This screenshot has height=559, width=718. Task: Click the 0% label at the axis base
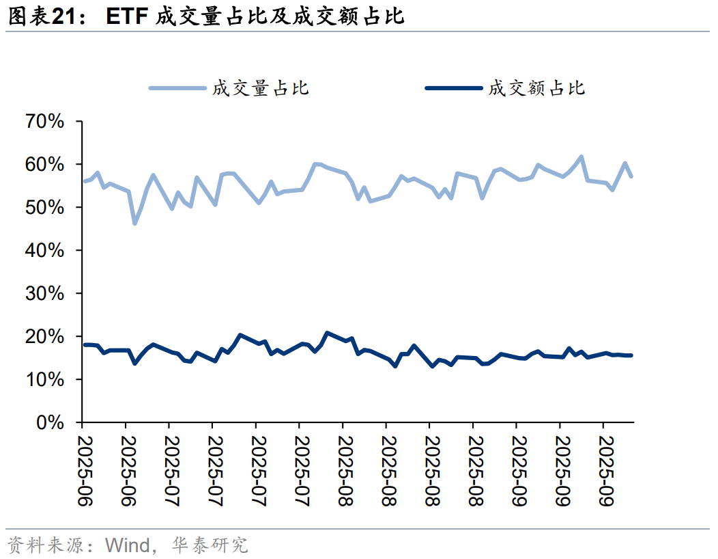click(x=50, y=423)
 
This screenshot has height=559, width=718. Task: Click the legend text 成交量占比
click(x=261, y=88)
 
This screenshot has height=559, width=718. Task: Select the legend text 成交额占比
click(x=536, y=88)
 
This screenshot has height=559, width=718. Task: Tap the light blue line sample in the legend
click(x=177, y=88)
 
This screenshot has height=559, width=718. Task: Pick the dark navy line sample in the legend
click(x=453, y=88)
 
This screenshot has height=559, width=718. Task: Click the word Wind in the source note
click(x=127, y=545)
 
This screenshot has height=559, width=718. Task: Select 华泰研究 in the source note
click(x=210, y=545)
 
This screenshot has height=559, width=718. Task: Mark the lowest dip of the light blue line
click(x=134, y=223)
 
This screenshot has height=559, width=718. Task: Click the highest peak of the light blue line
click(x=581, y=157)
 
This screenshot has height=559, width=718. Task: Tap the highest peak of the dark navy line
click(x=327, y=333)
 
